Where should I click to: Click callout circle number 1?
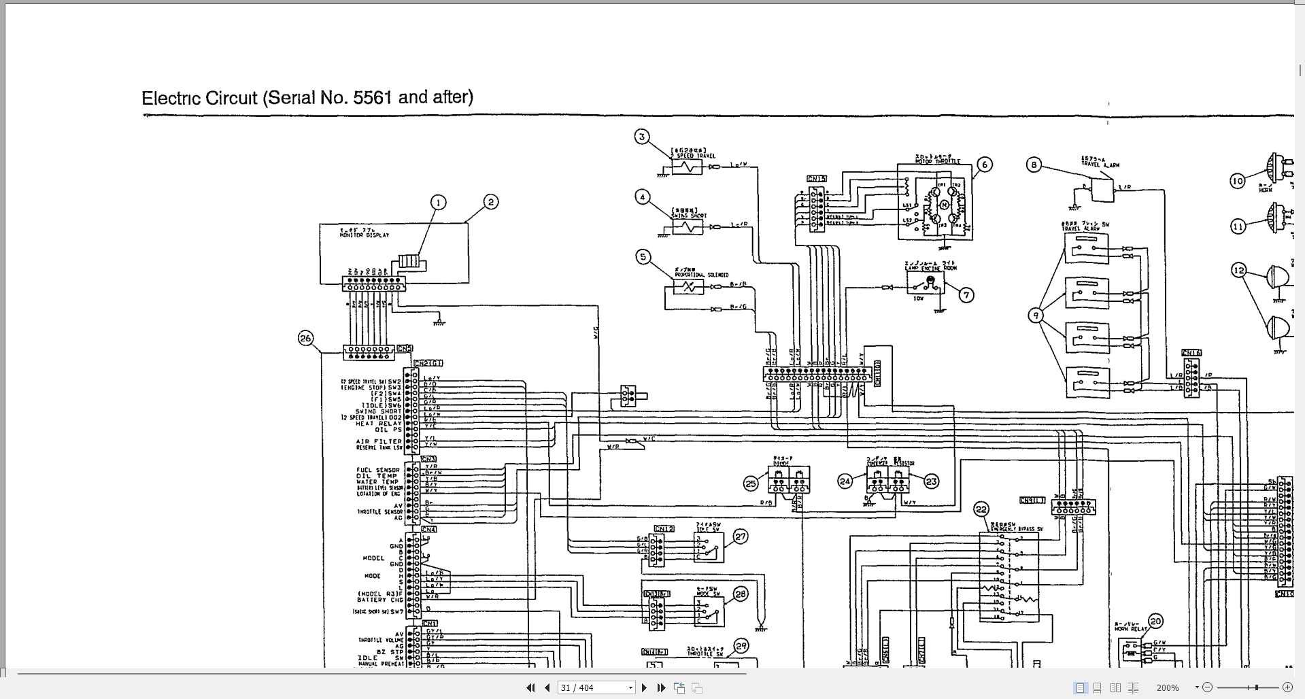pyautogui.click(x=439, y=203)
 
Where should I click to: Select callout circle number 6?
pyautogui.click(x=984, y=165)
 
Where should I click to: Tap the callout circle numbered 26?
pyautogui.click(x=306, y=338)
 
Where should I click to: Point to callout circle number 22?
pyautogui.click(x=981, y=509)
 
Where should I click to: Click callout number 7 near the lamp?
pyautogui.click(x=966, y=294)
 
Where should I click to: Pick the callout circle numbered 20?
pyautogui.click(x=1155, y=621)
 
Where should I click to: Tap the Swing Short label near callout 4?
pyautogui.click(x=689, y=216)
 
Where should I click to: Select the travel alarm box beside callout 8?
pyautogui.click(x=1102, y=190)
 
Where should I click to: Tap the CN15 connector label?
pyautogui.click(x=816, y=179)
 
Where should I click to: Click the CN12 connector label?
pyautogui.click(x=664, y=528)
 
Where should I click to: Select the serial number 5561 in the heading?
pyautogui.click(x=372, y=97)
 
